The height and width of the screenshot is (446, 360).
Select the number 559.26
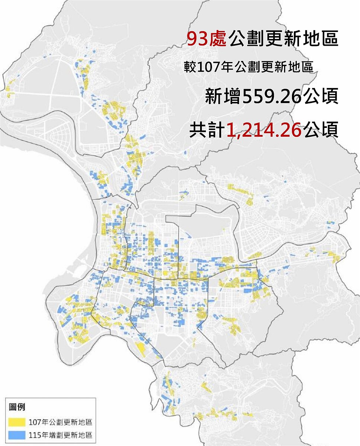pos(271,97)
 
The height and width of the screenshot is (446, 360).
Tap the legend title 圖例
pos(17,407)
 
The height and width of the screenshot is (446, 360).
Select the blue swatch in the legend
pos(17,435)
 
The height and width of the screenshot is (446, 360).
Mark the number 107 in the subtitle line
pos(203,68)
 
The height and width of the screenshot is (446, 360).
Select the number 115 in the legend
pos(34,435)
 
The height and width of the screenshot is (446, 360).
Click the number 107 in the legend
pos(34,422)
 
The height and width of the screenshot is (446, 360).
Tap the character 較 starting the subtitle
pos(189,68)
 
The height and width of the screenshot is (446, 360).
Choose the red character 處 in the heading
pos(217,39)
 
